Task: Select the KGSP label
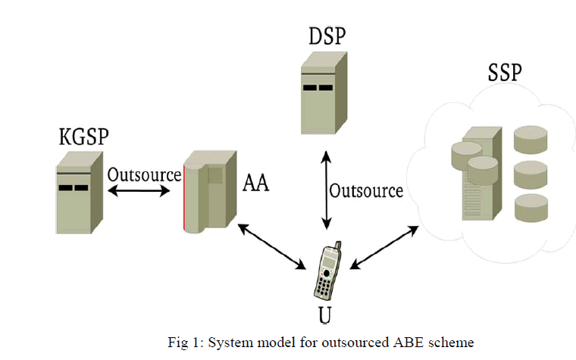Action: pyautogui.click(x=84, y=136)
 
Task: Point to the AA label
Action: pyautogui.click(x=258, y=182)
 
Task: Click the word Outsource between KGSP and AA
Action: pyautogui.click(x=144, y=174)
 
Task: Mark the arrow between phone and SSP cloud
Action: pyautogui.click(x=385, y=246)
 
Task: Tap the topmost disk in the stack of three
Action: pyautogui.click(x=531, y=138)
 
